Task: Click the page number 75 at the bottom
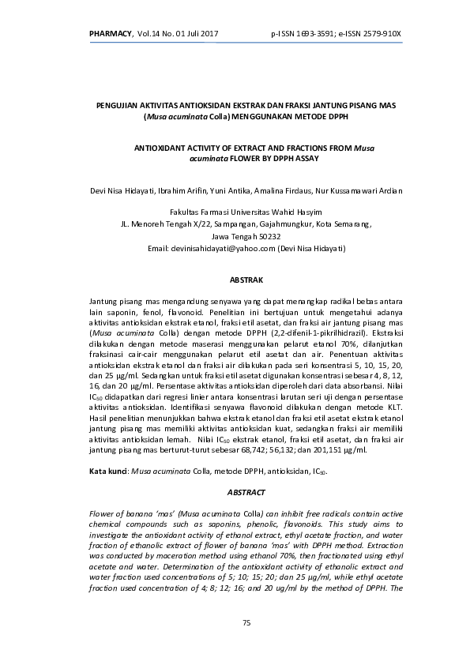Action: pos(246,623)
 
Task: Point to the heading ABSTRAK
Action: pos(246,280)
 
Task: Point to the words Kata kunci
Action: pos(107,471)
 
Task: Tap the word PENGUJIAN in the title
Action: pos(118,105)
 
